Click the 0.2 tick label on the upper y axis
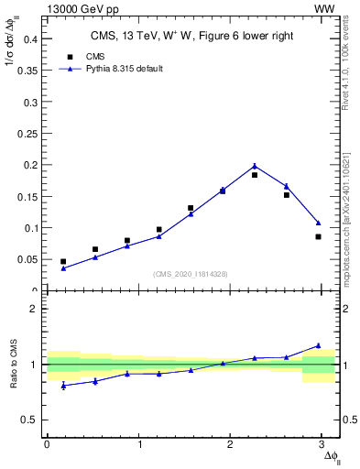point(30,165)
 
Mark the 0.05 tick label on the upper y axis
point(27,259)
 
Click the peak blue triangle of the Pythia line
point(255,166)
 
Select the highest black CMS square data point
point(255,175)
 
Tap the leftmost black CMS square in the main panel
point(63,262)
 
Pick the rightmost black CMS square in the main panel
point(318,236)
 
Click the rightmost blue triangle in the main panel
point(318,223)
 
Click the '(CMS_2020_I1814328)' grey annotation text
point(191,275)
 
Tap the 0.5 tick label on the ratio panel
point(30,420)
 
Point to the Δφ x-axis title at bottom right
point(330,455)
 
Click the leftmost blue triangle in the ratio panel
point(63,386)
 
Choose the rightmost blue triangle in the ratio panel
point(318,345)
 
